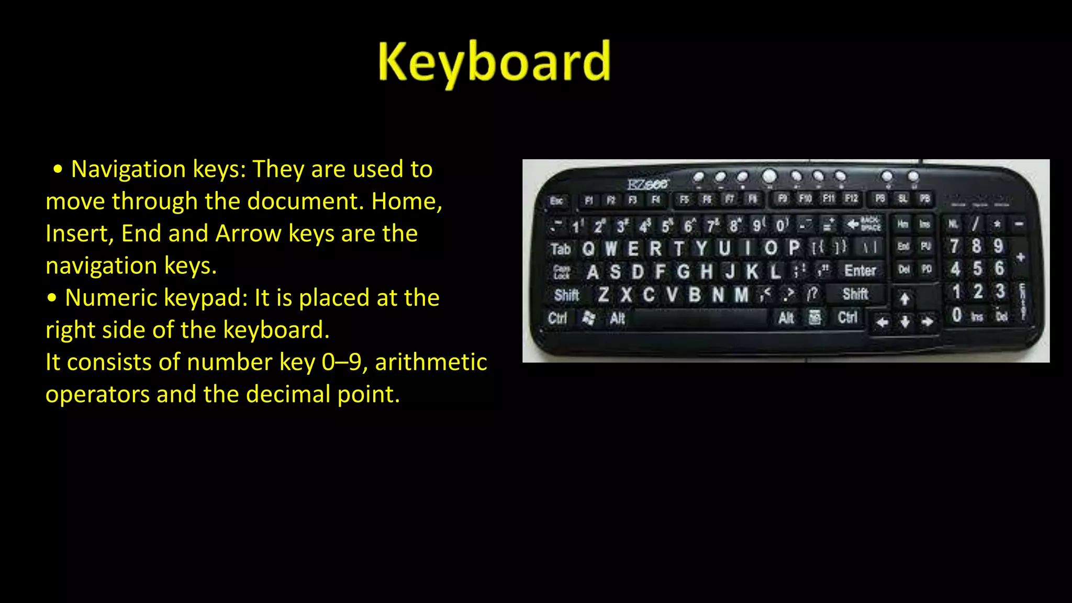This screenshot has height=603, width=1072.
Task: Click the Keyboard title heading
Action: (x=494, y=63)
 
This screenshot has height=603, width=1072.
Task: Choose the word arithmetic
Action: (x=431, y=362)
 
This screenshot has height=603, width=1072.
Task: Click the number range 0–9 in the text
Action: (x=342, y=362)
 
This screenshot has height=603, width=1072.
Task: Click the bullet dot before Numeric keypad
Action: (x=51, y=298)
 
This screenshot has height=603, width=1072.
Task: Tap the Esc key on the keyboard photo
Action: (x=556, y=200)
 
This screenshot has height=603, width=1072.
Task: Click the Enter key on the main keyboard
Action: (x=860, y=271)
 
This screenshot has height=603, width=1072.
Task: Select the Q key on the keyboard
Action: (x=588, y=248)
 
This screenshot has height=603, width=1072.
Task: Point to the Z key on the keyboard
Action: (x=603, y=295)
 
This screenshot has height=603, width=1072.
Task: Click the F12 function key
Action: (x=851, y=198)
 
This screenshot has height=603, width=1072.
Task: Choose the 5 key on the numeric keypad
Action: (x=977, y=269)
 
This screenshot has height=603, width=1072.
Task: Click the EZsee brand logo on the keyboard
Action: (x=648, y=184)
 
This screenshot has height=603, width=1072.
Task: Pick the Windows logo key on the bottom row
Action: (x=589, y=318)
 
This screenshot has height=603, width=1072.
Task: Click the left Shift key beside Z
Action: (x=566, y=295)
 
